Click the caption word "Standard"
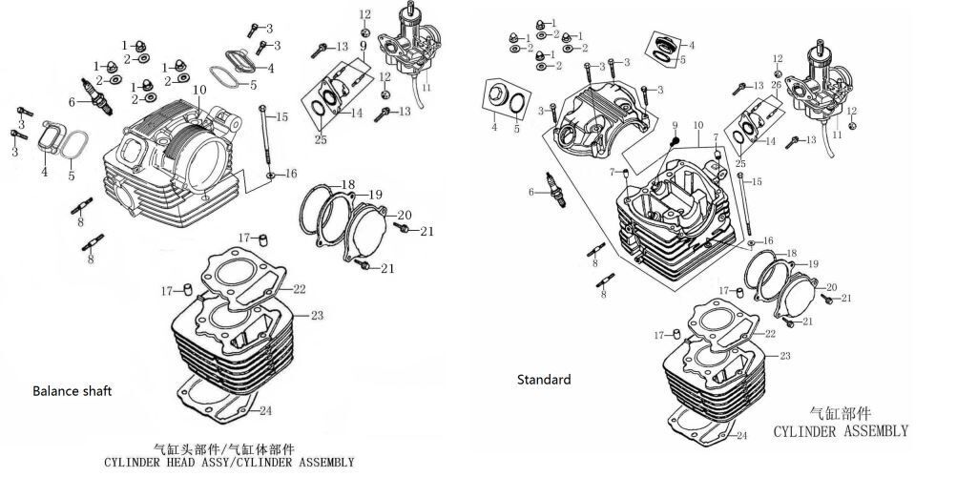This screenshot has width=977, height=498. [x=544, y=380]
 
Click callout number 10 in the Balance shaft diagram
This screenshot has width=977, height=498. [x=199, y=90]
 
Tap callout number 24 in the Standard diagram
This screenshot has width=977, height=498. [x=740, y=436]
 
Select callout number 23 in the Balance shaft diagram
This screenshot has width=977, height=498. [x=317, y=315]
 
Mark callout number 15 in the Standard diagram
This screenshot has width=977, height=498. [x=758, y=181]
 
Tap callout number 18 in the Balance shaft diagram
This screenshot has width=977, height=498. [x=348, y=184]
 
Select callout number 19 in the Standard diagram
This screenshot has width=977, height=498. [x=813, y=263]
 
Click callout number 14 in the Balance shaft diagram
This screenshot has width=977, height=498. [x=356, y=114]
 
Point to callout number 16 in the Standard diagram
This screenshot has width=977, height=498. [x=768, y=240]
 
